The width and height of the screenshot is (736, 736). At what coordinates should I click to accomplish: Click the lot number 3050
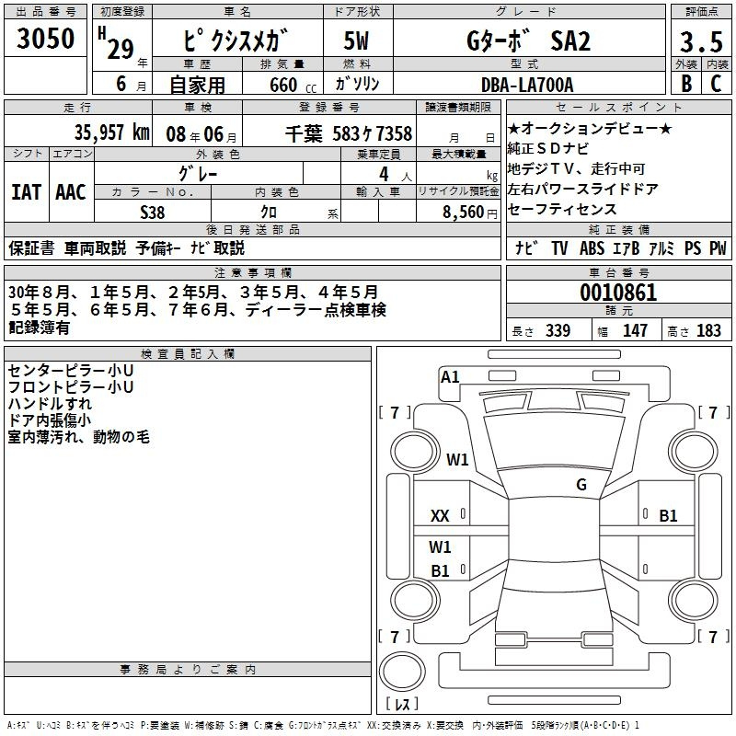point(45,38)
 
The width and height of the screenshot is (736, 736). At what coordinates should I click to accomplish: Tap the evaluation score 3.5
point(701,41)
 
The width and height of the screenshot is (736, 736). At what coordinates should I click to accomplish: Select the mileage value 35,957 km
point(111,132)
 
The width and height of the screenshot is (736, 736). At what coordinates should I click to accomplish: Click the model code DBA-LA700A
point(527,85)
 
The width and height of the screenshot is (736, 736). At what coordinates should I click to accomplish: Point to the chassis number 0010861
point(618,293)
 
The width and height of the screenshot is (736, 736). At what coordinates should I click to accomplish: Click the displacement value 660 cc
point(293,85)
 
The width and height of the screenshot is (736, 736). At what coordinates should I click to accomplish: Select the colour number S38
point(153,213)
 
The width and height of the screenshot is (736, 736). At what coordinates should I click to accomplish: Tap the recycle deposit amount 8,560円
point(470,213)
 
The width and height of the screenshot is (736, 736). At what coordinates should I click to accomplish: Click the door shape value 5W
point(356,40)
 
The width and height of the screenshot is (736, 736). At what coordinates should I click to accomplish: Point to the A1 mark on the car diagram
point(450,377)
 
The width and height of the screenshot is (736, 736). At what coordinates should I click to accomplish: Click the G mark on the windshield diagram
point(581,485)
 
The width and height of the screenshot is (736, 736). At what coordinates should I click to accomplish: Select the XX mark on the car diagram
point(440,516)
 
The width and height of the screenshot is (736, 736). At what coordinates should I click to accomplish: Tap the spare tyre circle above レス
point(402,672)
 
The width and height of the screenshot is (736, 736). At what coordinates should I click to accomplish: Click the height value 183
point(708,330)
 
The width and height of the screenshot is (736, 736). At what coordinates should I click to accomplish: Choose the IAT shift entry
point(26,192)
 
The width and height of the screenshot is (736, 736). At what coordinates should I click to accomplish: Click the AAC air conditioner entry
point(71,192)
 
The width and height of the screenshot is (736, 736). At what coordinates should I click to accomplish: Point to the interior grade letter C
point(716,84)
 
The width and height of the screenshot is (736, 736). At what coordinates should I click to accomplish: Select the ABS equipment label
point(592,248)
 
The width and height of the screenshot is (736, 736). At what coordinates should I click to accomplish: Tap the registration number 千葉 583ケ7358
point(349,133)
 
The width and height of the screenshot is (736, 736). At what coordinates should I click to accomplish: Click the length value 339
point(558,330)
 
